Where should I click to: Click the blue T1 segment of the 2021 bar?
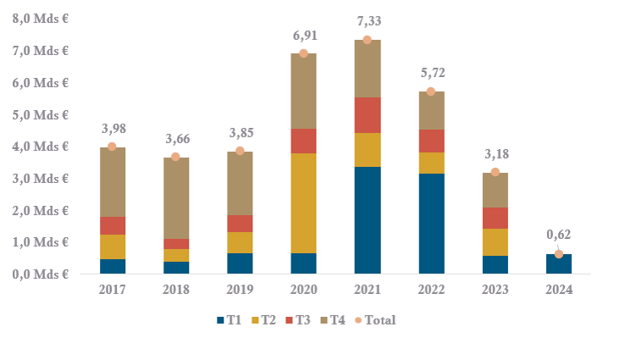click(367, 220)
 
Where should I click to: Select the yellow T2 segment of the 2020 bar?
click(303, 203)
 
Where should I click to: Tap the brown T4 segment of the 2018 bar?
click(175, 197)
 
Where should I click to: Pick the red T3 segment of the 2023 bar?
click(495, 218)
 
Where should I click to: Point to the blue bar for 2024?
click(558, 263)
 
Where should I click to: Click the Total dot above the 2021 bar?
click(367, 40)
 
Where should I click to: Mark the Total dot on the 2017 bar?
click(112, 147)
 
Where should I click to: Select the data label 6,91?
click(303, 37)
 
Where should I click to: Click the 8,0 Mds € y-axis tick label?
click(40, 19)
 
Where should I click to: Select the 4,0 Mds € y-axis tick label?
click(40, 147)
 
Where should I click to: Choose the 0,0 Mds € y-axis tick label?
click(40, 274)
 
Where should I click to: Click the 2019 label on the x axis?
click(240, 290)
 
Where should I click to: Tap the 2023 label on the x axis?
click(495, 290)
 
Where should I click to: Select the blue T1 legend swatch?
click(218, 320)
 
